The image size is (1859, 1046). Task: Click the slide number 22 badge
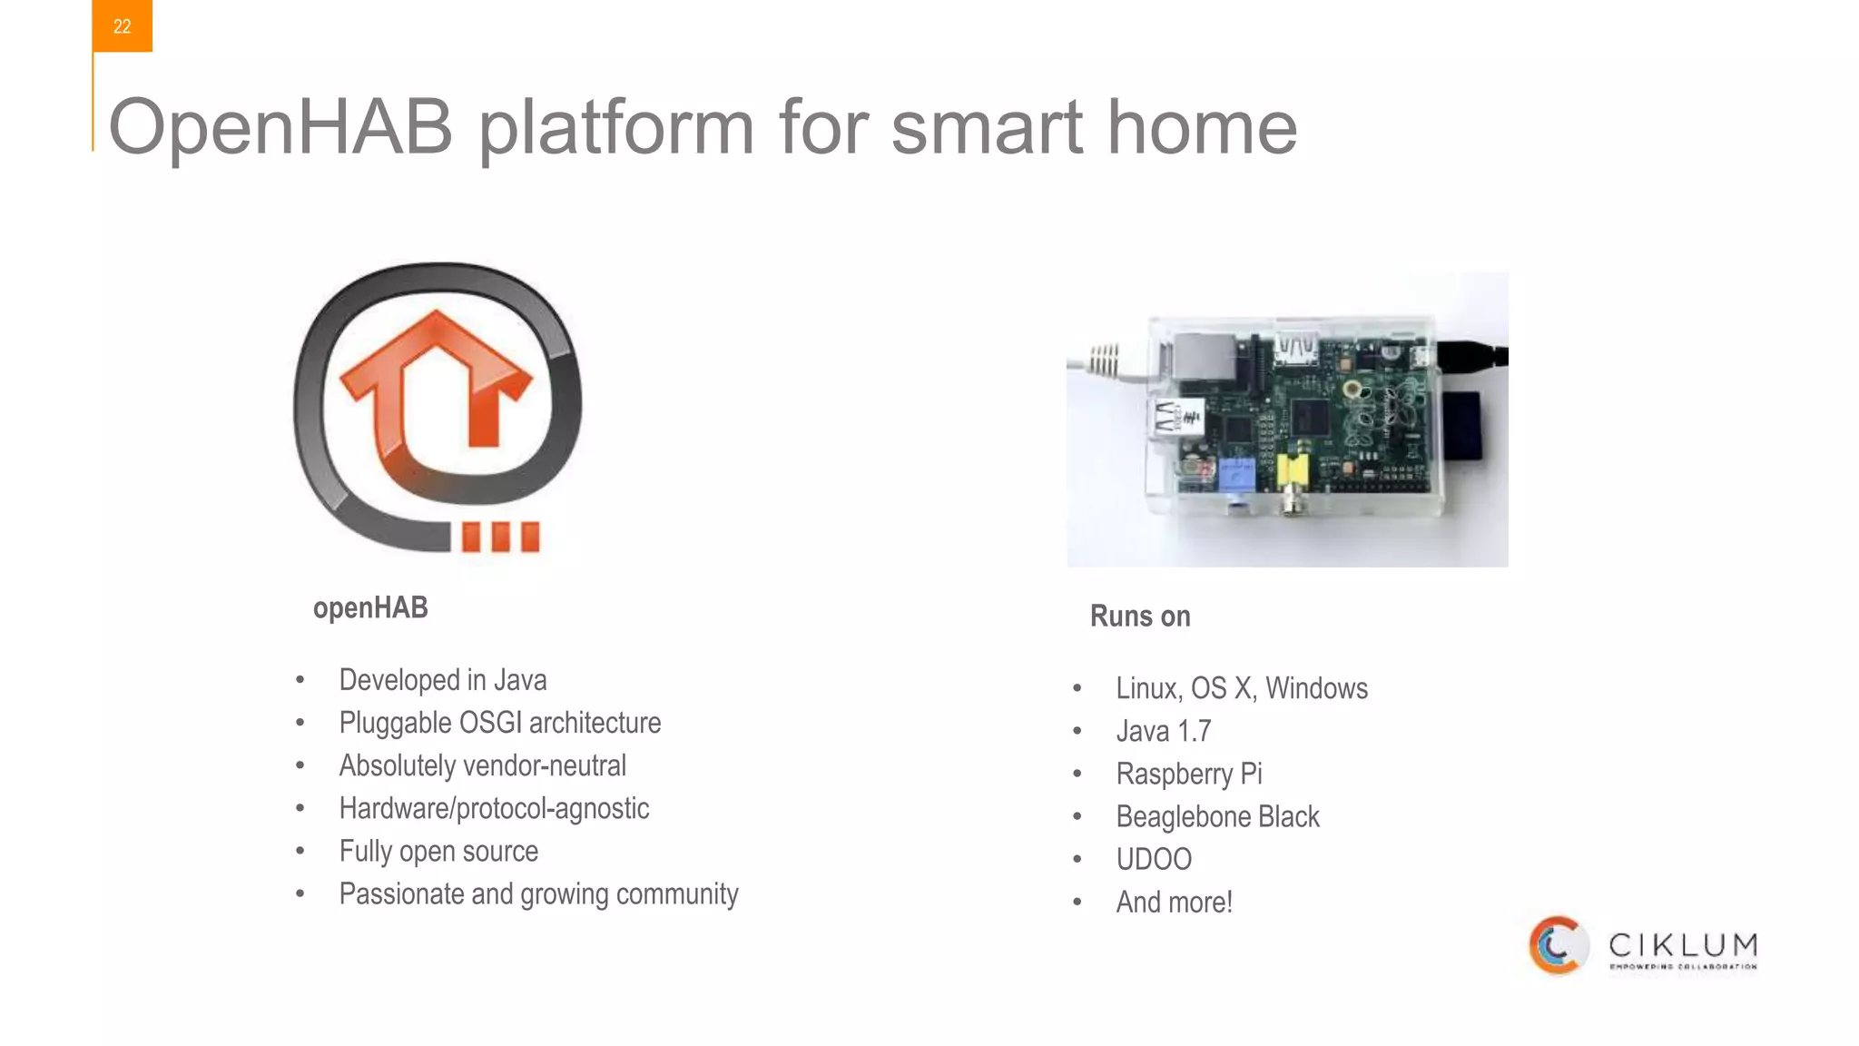pyautogui.click(x=122, y=26)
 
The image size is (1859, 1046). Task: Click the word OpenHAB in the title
pyautogui.click(x=280, y=127)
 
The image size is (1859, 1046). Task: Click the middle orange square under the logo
pyautogui.click(x=500, y=537)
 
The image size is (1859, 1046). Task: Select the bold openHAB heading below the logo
pyautogui.click(x=370, y=607)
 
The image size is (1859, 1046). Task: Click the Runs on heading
pyautogui.click(x=1140, y=617)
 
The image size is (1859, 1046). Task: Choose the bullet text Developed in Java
pyautogui.click(x=442, y=680)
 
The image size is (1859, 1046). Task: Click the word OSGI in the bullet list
pyautogui.click(x=491, y=723)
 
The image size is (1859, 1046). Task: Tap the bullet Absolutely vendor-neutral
pyautogui.click(x=482, y=765)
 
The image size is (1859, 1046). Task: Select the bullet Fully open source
pyautogui.click(x=438, y=851)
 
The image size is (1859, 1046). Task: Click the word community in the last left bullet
pyautogui.click(x=677, y=894)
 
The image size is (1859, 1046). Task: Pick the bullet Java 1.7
pyautogui.click(x=1164, y=731)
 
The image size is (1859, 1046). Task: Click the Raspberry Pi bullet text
pyautogui.click(x=1189, y=774)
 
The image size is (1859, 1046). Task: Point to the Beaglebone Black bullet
pyautogui.click(x=1217, y=816)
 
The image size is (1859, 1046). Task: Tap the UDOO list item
pyautogui.click(x=1154, y=859)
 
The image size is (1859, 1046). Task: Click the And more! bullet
pyautogui.click(x=1174, y=902)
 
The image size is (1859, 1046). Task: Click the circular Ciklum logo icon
pyautogui.click(x=1558, y=945)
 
